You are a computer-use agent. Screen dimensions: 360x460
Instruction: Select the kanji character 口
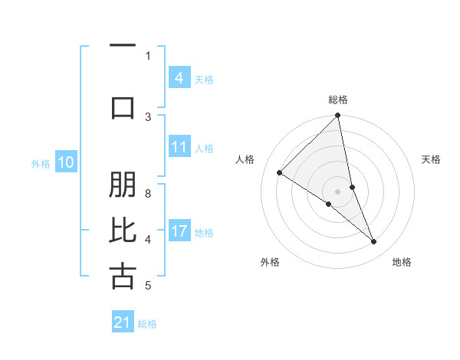pyautogui.click(x=123, y=106)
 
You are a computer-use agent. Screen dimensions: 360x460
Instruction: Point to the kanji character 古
pyautogui.click(x=123, y=276)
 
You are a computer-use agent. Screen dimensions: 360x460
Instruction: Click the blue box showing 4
pyautogui.click(x=179, y=78)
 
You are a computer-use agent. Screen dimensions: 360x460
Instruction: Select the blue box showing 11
pyautogui.click(x=179, y=147)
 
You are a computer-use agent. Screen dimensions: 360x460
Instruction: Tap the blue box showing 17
pyautogui.click(x=179, y=231)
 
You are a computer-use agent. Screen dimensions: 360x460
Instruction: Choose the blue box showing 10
pyautogui.click(x=66, y=162)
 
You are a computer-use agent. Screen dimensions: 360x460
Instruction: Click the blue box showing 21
pyautogui.click(x=123, y=323)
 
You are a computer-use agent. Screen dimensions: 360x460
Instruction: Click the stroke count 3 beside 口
pyautogui.click(x=148, y=116)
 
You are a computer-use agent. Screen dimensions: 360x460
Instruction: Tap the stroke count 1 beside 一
pyautogui.click(x=148, y=55)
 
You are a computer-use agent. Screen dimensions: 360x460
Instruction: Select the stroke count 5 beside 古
pyautogui.click(x=148, y=286)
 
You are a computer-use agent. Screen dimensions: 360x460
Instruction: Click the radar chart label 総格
pyautogui.click(x=338, y=100)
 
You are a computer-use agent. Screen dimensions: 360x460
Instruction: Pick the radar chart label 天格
pyautogui.click(x=432, y=159)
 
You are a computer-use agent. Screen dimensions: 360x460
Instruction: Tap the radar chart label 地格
pyautogui.click(x=402, y=262)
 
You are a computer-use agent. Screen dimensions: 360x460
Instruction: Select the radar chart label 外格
pyautogui.click(x=270, y=262)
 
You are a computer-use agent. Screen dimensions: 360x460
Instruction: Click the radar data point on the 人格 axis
pyautogui.click(x=280, y=172)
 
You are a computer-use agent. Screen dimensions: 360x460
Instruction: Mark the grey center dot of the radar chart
pyautogui.click(x=338, y=191)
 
